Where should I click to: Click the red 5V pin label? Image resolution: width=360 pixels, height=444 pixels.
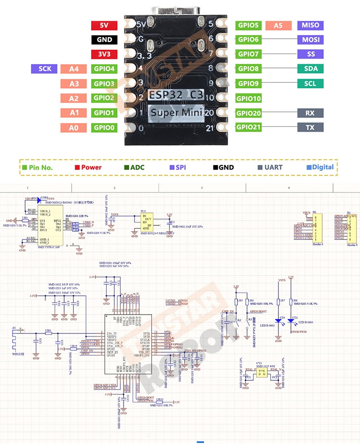pyautogui.click(x=104, y=25)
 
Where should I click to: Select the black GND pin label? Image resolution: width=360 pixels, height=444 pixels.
pyautogui.click(x=104, y=40)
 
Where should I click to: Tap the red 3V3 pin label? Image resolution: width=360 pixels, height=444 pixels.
pyautogui.click(x=104, y=54)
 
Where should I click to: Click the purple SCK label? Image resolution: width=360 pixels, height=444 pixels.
pyautogui.click(x=44, y=69)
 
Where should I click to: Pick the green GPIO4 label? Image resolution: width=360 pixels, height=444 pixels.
pyautogui.click(x=104, y=69)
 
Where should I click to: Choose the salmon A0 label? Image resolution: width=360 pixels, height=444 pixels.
pyautogui.click(x=73, y=127)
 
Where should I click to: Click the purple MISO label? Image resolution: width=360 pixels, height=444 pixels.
pyautogui.click(x=310, y=25)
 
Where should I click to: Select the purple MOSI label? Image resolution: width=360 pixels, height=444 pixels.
pyautogui.click(x=310, y=40)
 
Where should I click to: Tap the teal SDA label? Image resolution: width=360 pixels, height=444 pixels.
pyautogui.click(x=310, y=69)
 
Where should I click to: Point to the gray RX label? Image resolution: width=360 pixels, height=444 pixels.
pyautogui.click(x=310, y=113)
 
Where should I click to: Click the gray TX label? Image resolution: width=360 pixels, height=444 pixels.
pyautogui.click(x=310, y=127)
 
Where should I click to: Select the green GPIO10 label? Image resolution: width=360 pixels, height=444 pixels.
pyautogui.click(x=249, y=98)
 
